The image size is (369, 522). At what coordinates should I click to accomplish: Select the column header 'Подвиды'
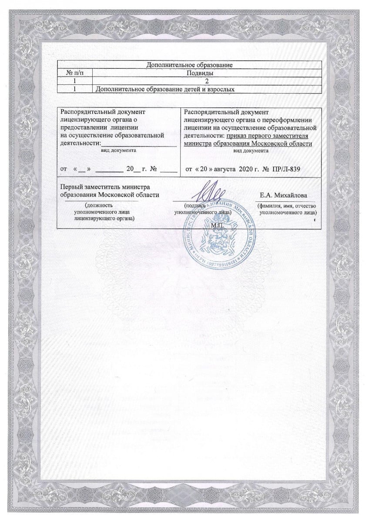coord(208,73)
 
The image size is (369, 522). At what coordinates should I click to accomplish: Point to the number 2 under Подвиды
coord(208,81)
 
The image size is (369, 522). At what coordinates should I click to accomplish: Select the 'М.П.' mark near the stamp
coord(216,227)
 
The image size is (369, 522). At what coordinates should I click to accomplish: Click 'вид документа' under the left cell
coord(118,150)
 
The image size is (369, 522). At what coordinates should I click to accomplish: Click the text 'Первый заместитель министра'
coord(104,187)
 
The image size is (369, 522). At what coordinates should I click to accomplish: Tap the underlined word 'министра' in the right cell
coord(198,143)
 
